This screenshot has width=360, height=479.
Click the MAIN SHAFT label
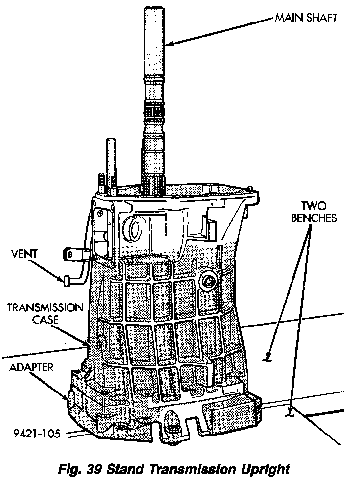[x=306, y=19]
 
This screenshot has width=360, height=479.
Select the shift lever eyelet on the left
[x=69, y=254]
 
